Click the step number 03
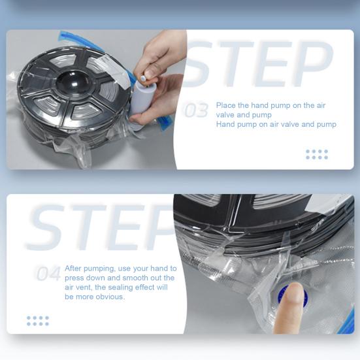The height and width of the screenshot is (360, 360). click(197, 110)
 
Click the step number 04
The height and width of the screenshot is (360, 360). click(48, 273)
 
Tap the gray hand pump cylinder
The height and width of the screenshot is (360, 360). click(140, 97)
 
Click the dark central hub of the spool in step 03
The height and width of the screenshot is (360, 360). click(73, 83)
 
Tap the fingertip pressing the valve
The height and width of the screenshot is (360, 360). click(293, 291)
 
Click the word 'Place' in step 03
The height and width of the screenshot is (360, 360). click(226, 105)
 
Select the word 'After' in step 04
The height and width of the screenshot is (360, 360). click(73, 269)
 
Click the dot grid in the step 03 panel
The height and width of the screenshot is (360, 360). click(317, 154)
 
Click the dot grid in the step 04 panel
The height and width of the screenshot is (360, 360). click(38, 321)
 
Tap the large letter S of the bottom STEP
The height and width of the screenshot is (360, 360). click(46, 227)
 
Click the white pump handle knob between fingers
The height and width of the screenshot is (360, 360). click(143, 78)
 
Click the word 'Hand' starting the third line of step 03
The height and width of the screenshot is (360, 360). click(225, 124)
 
